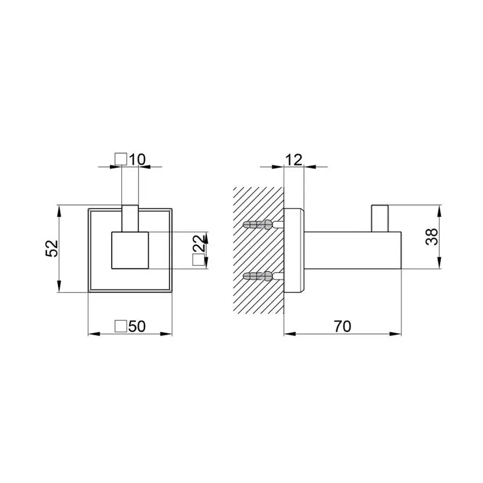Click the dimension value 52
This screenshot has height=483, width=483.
pos(52,248)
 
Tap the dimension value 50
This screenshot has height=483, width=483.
pos(137,326)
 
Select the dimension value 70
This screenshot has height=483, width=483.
pos(342,326)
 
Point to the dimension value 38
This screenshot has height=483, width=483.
pos(432,237)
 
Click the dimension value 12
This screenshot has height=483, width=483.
pos(294,160)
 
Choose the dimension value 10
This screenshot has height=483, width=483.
pos(137,159)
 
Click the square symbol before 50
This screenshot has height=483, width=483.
pos(121,326)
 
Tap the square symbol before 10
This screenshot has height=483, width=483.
pos(121,159)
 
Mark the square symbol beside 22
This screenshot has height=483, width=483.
pos(199,260)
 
